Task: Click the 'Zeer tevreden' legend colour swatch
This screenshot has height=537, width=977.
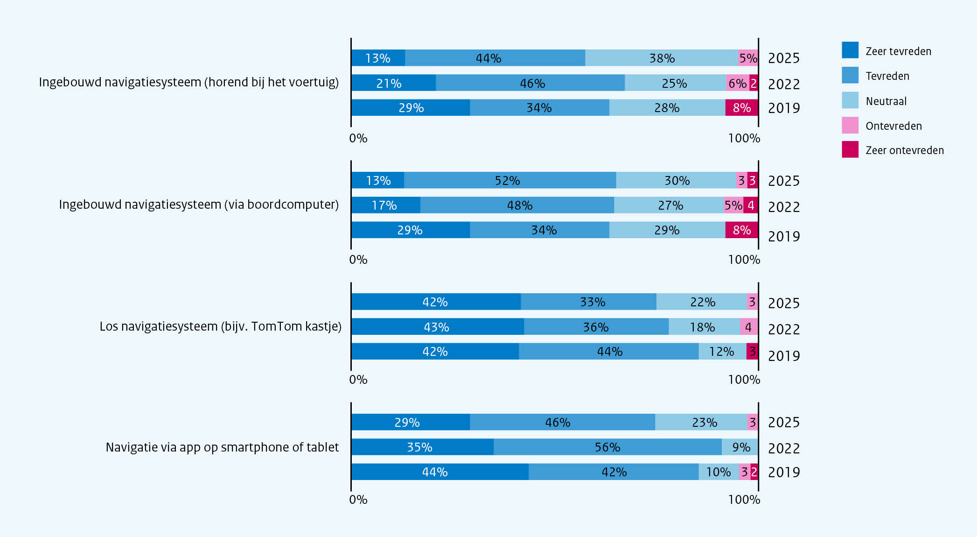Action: pos(850,50)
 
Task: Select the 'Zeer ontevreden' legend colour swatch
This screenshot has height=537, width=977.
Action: pos(850,149)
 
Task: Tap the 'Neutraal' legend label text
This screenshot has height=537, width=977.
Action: pos(886,101)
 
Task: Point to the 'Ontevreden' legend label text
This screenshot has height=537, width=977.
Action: pos(893,126)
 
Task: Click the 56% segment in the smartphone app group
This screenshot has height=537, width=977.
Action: pos(607,447)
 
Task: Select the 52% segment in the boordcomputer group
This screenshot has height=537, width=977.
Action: pos(510,180)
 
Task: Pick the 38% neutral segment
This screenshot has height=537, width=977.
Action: pos(662,58)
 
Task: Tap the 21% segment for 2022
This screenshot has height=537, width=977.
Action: pos(393,83)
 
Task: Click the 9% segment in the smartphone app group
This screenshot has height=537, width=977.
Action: pos(740,447)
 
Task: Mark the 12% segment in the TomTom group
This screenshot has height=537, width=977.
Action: pos(722,351)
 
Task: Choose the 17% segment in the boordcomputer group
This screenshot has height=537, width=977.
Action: pos(386,205)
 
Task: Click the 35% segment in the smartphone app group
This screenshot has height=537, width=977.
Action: pos(422,447)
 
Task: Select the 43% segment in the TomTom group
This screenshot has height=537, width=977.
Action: pos(438,326)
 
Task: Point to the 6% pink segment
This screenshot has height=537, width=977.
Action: pos(738,83)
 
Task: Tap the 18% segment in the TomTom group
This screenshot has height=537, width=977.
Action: pos(704,326)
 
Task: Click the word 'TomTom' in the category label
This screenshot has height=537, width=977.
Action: pos(273,326)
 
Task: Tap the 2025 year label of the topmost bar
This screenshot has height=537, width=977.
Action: pos(784,58)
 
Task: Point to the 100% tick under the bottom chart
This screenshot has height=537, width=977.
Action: pos(744,500)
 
